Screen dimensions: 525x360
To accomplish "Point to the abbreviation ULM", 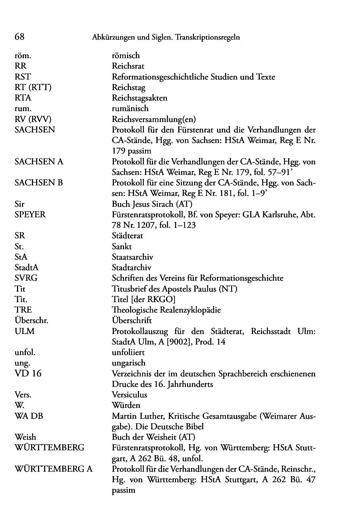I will (24, 331).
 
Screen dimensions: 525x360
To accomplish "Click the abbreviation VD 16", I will (28, 374).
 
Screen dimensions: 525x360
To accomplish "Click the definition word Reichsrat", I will (128, 66).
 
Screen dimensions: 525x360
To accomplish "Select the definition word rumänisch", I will (130, 108).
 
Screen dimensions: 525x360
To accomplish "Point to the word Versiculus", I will (129, 395).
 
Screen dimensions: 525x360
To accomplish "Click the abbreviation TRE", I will (23, 310).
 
